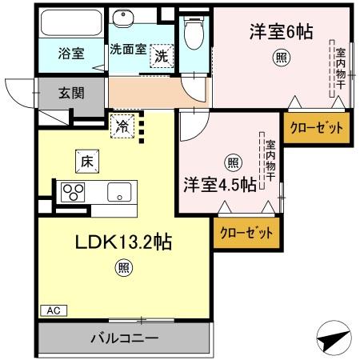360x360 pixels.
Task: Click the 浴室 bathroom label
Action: point(70,54)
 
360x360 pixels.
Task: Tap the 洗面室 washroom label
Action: point(127,49)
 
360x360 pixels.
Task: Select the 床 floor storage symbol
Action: point(86,160)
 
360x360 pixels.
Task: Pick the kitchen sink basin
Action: point(120,192)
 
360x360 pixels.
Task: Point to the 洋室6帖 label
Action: point(280,31)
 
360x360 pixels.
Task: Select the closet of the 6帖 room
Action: point(316,126)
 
